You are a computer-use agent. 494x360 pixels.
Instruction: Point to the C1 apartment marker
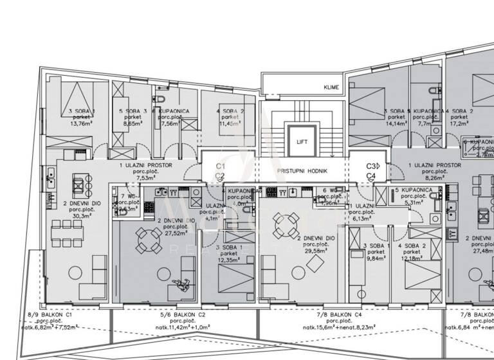[219, 165]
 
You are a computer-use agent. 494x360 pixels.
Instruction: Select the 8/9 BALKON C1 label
[49, 315]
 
